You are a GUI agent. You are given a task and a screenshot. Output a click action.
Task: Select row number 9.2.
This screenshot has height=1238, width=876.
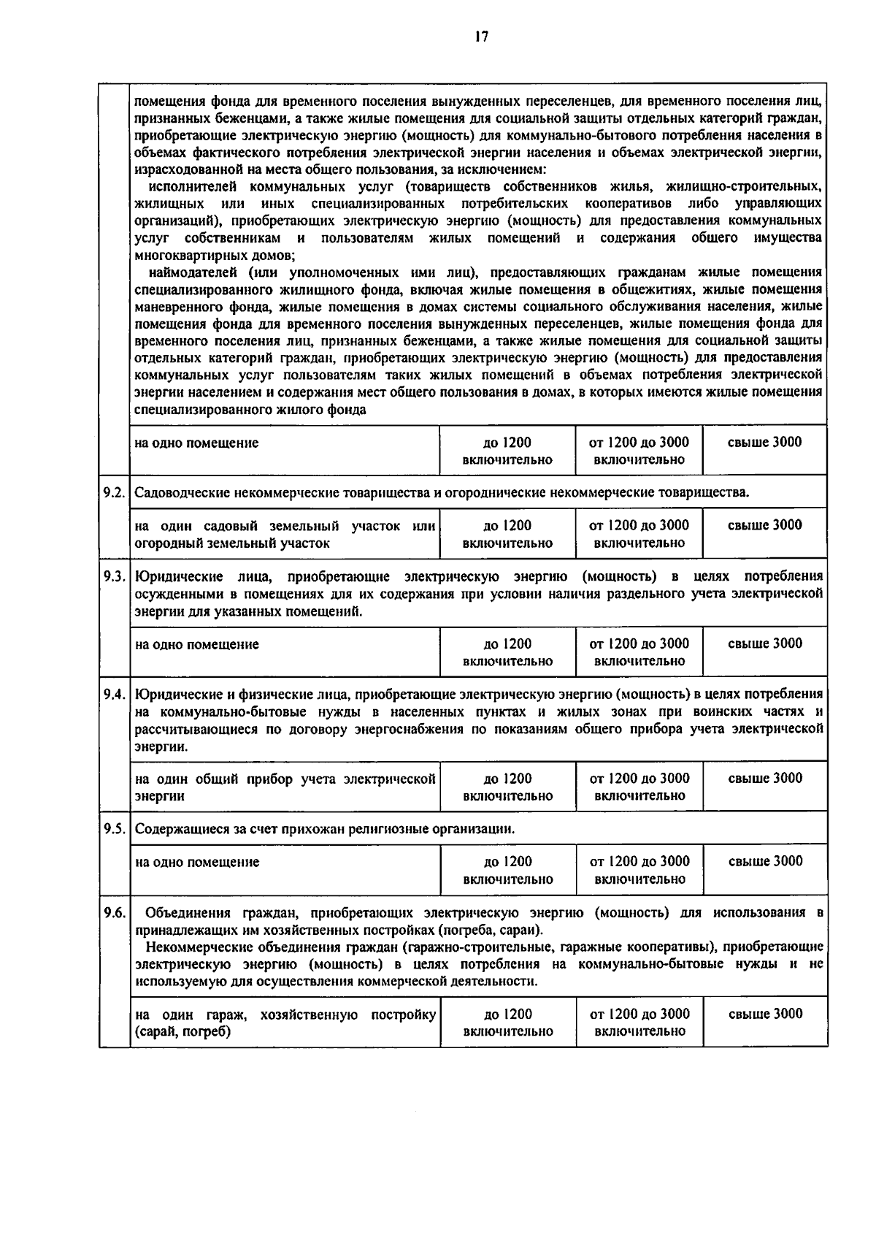pyautogui.click(x=115, y=492)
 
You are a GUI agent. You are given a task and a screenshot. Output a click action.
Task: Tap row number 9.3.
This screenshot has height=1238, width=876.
pyautogui.click(x=115, y=576)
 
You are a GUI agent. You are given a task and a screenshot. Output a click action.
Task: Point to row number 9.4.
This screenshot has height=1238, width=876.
pyautogui.click(x=115, y=694)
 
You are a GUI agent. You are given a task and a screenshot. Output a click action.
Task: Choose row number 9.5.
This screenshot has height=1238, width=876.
pyautogui.click(x=115, y=829)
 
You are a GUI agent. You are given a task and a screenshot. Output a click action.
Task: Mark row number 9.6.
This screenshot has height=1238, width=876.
pyautogui.click(x=115, y=912)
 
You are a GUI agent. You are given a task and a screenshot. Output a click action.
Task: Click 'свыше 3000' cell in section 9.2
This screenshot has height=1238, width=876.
pyautogui.click(x=764, y=525)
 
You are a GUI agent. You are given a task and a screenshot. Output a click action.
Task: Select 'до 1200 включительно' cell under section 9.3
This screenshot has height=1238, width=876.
pyautogui.click(x=507, y=652)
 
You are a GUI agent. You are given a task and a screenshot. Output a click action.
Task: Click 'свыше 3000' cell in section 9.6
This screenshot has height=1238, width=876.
pyautogui.click(x=764, y=1014)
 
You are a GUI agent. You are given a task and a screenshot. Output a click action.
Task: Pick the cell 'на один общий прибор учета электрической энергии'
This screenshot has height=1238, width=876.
pyautogui.click(x=285, y=787)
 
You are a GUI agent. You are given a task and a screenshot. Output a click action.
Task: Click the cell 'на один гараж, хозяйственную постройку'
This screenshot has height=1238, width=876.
pyautogui.click(x=285, y=1023)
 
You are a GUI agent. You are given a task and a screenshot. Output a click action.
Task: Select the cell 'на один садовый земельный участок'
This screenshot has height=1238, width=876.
pyautogui.click(x=285, y=534)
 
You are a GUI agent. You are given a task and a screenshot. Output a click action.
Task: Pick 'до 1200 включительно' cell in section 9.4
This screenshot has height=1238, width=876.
pyautogui.click(x=507, y=787)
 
